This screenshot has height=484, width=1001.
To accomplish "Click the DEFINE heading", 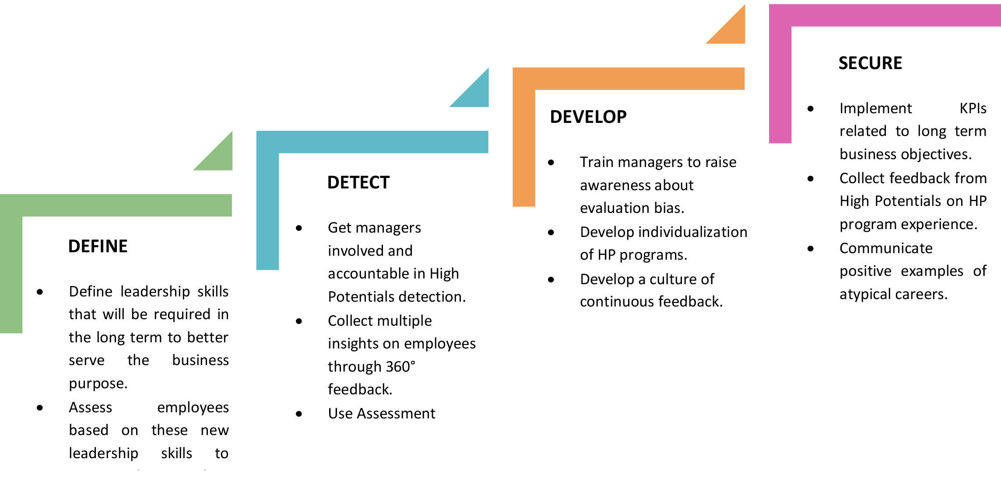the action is [98, 246].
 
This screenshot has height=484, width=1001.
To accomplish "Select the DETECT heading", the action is [358, 182].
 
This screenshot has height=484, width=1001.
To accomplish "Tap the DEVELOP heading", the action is [588, 117].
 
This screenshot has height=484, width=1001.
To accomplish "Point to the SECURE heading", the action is [870, 63].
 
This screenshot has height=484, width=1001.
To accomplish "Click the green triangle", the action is [219, 157].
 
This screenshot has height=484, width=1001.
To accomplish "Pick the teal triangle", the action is [476, 94].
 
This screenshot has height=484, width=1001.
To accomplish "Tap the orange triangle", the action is [732, 31].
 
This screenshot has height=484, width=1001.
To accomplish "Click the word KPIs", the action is [973, 108].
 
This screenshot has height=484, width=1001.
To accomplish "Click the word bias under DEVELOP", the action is [669, 208].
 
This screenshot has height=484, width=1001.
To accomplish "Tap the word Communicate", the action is [886, 248].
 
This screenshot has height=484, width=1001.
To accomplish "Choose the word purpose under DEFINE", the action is [98, 384].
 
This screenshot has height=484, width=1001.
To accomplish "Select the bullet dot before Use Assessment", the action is [299, 414].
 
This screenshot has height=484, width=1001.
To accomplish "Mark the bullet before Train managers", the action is [551, 163].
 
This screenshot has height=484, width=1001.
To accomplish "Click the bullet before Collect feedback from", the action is [811, 178].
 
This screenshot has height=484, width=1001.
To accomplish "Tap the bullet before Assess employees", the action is [40, 408].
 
